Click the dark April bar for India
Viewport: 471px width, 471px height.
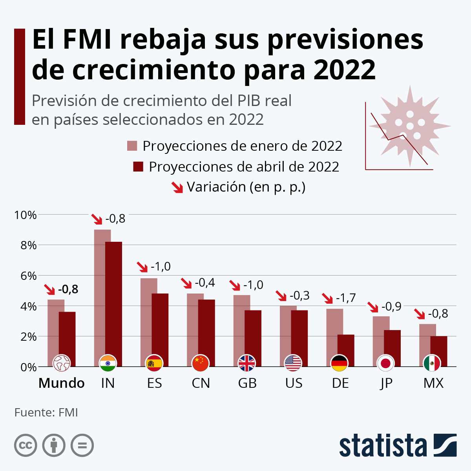(x=114, y=298)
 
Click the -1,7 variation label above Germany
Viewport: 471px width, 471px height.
(x=346, y=298)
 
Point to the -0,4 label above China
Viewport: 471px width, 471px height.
(x=204, y=283)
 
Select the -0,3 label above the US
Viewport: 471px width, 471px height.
(x=299, y=296)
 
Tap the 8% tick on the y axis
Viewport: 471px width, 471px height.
(x=25, y=245)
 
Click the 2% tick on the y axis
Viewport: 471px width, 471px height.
(x=25, y=337)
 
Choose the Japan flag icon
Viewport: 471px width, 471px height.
(x=386, y=363)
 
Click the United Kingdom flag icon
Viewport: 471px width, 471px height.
(x=247, y=363)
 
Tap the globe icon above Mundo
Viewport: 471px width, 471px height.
(x=61, y=363)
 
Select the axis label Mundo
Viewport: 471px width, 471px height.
(x=61, y=383)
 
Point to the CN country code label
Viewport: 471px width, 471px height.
(x=201, y=383)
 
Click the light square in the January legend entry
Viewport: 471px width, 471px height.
(x=132, y=146)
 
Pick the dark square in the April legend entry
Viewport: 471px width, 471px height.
(x=138, y=166)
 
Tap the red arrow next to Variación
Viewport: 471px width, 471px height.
(x=177, y=187)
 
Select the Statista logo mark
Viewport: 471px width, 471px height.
(x=445, y=445)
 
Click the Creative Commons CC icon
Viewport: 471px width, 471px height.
(x=26, y=445)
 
